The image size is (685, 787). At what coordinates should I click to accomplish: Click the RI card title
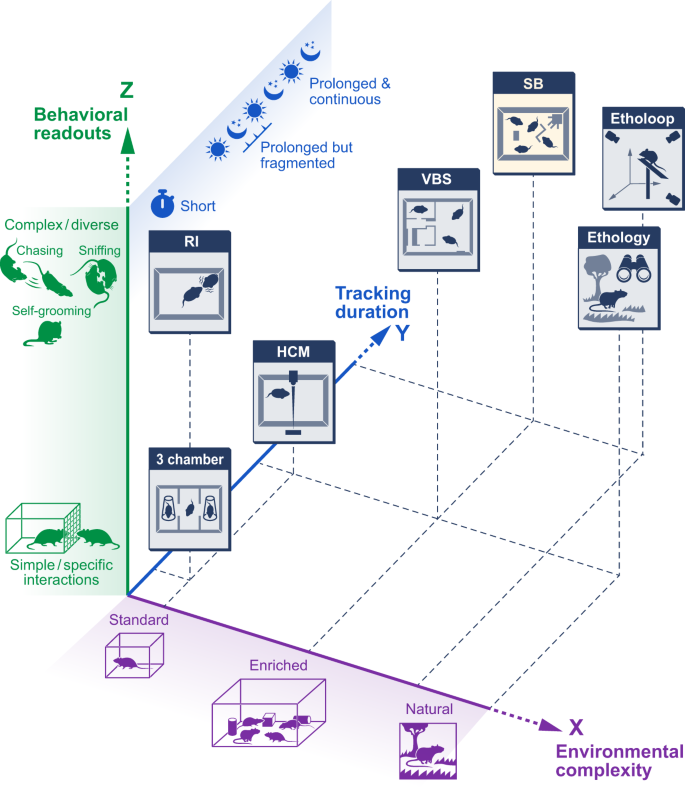[189, 241]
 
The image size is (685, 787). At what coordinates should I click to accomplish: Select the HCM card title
[295, 351]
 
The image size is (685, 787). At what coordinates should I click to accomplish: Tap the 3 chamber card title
[188, 459]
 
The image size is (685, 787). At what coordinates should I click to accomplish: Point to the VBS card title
[438, 180]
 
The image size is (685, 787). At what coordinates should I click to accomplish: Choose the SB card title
[533, 83]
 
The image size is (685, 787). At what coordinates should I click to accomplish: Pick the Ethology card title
[619, 237]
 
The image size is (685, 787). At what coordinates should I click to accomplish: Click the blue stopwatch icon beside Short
[163, 205]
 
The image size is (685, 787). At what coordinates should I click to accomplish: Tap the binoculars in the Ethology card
[636, 268]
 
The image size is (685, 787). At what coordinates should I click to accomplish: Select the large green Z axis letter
[127, 90]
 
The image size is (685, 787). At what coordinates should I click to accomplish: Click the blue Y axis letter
[402, 333]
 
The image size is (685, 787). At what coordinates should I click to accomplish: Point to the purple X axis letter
[576, 728]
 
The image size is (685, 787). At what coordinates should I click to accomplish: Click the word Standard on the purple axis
[139, 621]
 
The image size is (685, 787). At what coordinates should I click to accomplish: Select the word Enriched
[279, 665]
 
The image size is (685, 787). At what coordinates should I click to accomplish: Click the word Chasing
[42, 250]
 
